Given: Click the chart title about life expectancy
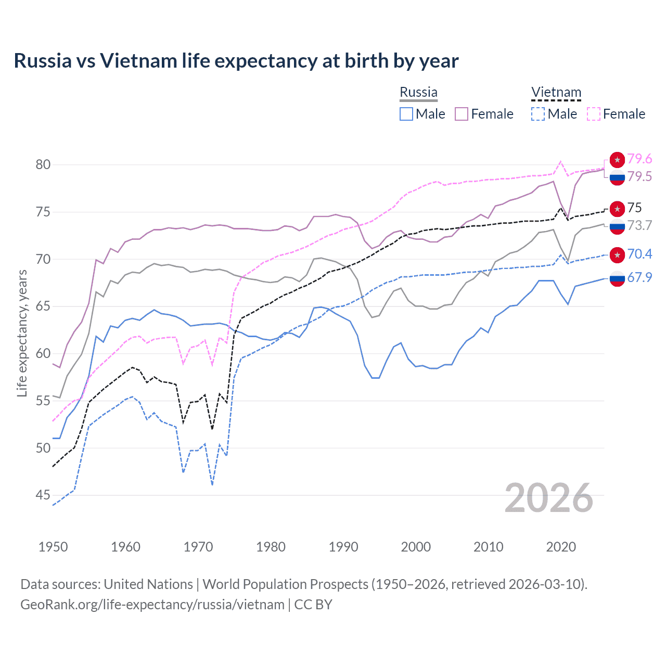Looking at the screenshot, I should click(x=236, y=61).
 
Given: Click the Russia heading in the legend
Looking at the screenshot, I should click(x=418, y=92).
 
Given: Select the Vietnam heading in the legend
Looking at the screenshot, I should click(x=556, y=93).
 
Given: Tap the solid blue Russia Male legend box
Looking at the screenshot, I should click(x=406, y=114).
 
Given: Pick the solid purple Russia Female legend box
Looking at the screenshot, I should click(x=462, y=114).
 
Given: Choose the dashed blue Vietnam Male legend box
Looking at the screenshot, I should click(x=538, y=114).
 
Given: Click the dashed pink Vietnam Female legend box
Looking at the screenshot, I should click(x=594, y=114).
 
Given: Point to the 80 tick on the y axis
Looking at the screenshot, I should click(x=43, y=165).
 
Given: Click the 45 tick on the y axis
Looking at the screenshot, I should click(x=43, y=495).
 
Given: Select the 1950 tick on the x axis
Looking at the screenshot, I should click(x=53, y=547).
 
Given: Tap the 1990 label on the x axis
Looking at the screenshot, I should click(x=343, y=547).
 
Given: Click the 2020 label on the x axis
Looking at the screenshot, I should click(x=561, y=547).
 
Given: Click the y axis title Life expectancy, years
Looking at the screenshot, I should click(x=22, y=333).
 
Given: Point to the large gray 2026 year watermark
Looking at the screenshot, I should click(x=548, y=498).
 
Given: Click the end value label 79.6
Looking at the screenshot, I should click(x=639, y=159).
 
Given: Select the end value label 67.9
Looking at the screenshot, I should click(x=639, y=278).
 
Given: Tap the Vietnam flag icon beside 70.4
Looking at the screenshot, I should click(x=617, y=254).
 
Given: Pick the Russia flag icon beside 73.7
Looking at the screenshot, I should click(x=617, y=226).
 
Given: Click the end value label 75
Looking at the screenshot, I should click(x=634, y=208).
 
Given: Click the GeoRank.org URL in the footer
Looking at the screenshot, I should click(x=152, y=605).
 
